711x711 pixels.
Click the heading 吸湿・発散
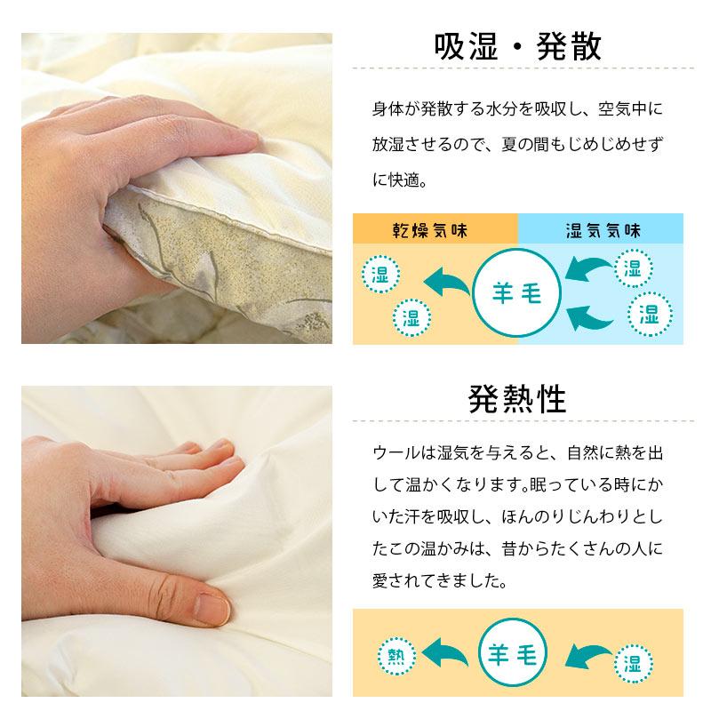[x=518, y=46]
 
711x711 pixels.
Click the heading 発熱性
[x=517, y=400]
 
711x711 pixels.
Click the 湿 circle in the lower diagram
[x=634, y=663]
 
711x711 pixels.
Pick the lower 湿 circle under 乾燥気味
[x=411, y=316]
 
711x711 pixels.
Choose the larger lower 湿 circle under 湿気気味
[x=648, y=313]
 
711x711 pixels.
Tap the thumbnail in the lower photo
[x=212, y=608]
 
